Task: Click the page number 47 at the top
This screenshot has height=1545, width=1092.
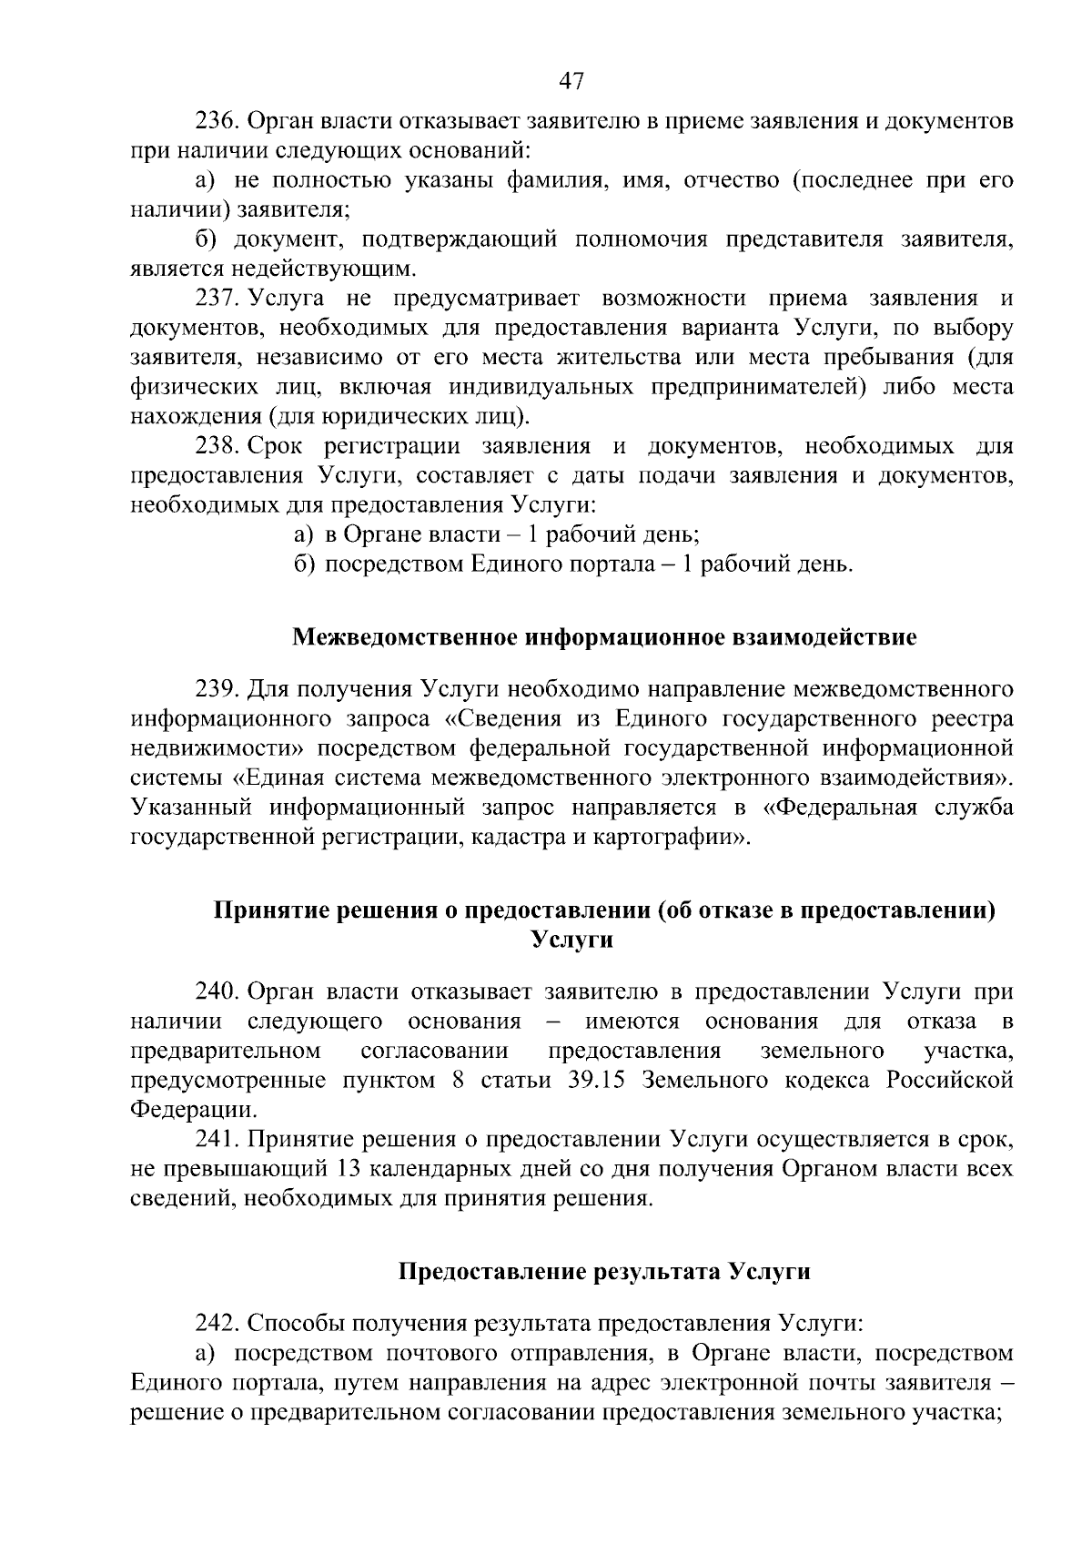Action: [x=571, y=81]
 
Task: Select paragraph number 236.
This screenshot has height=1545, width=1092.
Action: [x=217, y=121]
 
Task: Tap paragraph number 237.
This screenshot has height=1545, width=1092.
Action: [x=217, y=299]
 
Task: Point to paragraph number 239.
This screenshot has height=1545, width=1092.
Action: [x=217, y=688]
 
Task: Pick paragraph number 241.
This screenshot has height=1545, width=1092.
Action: [x=217, y=1139]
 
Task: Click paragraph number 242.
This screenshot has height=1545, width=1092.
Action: [x=217, y=1323]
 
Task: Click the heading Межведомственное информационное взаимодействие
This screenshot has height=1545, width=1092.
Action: [x=604, y=637]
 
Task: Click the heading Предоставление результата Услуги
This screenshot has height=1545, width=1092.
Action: [x=604, y=1271]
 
